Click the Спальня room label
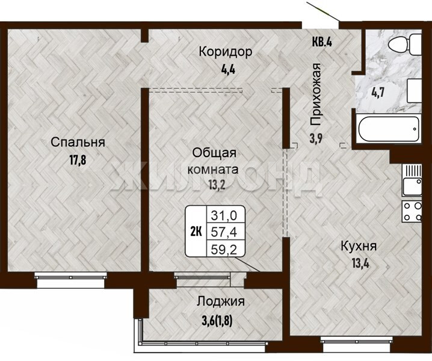[x=78, y=143]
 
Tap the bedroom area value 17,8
[x=78, y=160]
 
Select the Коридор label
[x=226, y=52]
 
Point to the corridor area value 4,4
[x=228, y=69]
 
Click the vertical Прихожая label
[x=316, y=94]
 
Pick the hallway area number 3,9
[x=316, y=138]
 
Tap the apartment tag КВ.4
[x=322, y=42]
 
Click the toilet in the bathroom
[x=405, y=44]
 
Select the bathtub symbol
[x=389, y=129]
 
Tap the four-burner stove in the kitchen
[x=412, y=211]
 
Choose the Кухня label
[x=359, y=246]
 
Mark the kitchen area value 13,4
[x=360, y=264]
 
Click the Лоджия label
[x=221, y=302]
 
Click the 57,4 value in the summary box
[x=224, y=232]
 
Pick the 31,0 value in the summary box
[x=224, y=215]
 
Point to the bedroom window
[x=71, y=280]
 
